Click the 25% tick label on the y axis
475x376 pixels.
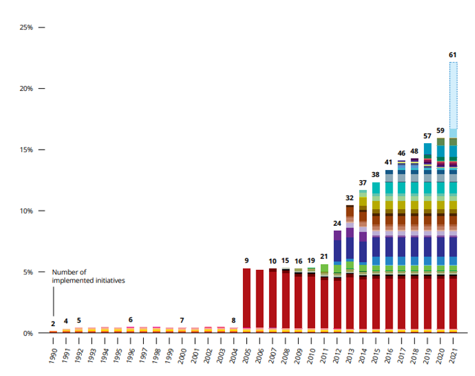pos(26,27)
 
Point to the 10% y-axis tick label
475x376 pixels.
pos(26,211)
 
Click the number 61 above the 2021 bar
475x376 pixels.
pos(453,55)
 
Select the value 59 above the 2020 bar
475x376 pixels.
pos(440,130)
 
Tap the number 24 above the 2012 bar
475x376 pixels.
pos(337,223)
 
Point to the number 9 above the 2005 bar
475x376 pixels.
pos(246,260)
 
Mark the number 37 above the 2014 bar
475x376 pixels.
pos(362,183)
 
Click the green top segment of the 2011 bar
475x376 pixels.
pos(324,269)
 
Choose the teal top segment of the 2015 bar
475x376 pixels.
pos(376,187)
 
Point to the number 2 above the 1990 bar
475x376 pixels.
pos(53,324)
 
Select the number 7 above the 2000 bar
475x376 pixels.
pos(182,320)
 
